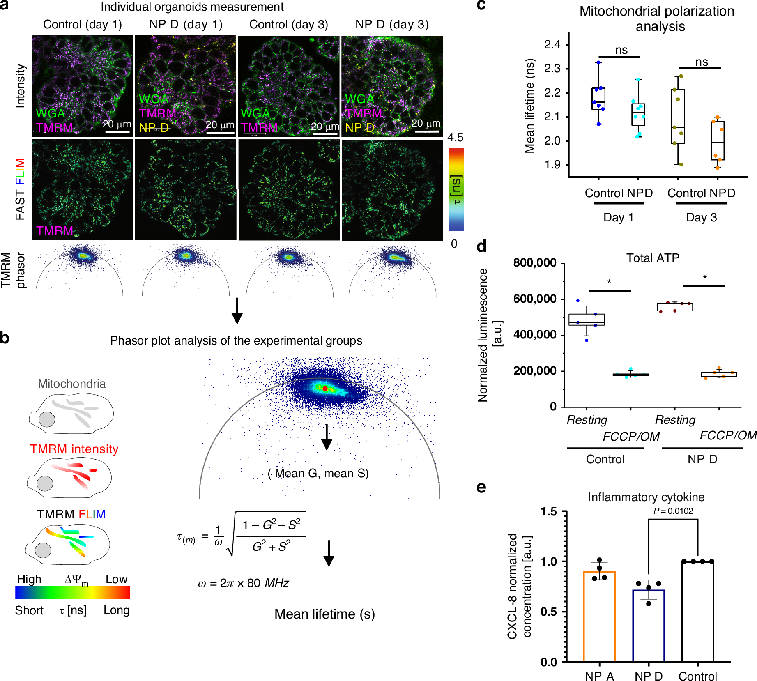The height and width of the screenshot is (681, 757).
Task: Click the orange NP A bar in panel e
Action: (599, 616)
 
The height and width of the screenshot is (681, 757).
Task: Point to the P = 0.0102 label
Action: (673, 511)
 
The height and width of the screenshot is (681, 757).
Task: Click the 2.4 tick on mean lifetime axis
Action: (552, 44)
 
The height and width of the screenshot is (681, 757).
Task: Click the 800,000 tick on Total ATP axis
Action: (535, 263)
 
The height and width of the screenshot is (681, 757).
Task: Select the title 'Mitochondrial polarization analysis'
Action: (657, 18)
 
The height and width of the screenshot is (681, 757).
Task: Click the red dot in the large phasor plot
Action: (325, 388)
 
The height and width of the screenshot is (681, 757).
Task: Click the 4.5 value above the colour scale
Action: (456, 138)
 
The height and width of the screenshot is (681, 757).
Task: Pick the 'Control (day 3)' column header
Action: (288, 24)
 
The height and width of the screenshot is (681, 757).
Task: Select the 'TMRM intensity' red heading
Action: (74, 449)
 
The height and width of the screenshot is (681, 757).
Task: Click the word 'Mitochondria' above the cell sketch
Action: (72, 384)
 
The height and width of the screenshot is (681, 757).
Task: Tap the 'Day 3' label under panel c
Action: (701, 217)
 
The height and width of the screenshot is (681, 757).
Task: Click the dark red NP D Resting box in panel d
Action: (675, 307)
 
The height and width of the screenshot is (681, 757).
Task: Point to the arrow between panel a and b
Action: (237, 311)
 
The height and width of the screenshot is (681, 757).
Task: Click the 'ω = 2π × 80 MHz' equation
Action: (244, 583)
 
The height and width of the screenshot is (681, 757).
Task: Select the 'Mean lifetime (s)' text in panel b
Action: (324, 614)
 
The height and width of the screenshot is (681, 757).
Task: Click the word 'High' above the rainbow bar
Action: (29, 579)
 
